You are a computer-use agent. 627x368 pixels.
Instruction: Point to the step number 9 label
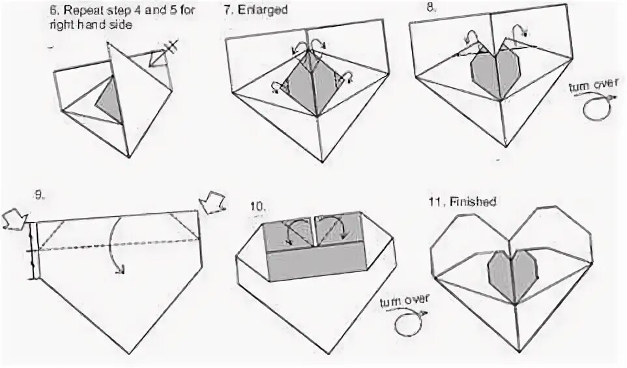pos(40,194)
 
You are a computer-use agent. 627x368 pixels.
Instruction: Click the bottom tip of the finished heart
pos(513,356)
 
